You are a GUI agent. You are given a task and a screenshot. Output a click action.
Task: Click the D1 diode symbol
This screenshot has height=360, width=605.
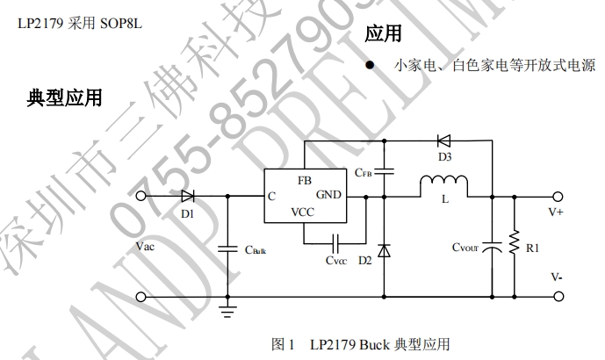(187, 196)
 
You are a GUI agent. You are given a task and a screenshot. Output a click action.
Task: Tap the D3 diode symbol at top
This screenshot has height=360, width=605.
(443, 140)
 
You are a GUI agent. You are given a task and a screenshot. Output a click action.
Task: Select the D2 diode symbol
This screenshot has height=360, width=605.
(385, 246)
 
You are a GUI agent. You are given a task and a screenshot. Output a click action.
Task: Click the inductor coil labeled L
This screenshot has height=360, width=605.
(444, 185)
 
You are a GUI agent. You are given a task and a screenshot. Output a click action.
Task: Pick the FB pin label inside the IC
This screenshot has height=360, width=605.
(305, 179)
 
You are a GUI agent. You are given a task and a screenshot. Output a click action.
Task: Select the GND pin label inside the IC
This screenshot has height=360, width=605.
(328, 195)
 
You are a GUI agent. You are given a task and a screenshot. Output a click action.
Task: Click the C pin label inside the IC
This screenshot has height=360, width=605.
(273, 196)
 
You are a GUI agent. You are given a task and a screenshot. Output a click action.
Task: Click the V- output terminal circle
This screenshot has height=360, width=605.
(557, 296)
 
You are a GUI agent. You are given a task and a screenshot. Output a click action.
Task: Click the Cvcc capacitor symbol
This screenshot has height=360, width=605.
(336, 241)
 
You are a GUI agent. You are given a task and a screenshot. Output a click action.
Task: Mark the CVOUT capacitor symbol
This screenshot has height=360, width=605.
(493, 246)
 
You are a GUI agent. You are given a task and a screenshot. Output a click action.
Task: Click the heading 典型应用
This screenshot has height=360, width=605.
(65, 97)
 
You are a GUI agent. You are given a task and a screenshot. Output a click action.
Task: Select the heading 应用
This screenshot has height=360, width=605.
(383, 33)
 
